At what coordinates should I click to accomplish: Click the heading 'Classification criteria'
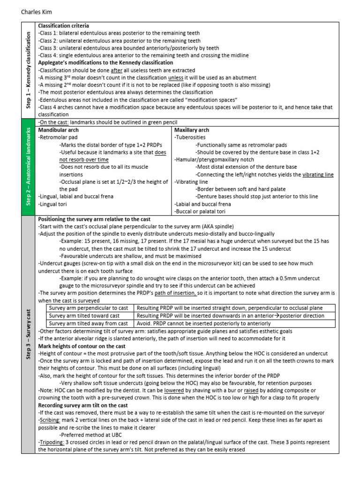coord(63,26)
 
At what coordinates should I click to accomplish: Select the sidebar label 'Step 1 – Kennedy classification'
coord(29,70)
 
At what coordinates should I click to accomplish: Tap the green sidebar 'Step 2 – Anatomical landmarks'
coord(29,166)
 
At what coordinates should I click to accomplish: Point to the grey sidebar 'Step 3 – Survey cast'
coord(29,334)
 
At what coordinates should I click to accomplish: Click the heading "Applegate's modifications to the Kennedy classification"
coord(105,62)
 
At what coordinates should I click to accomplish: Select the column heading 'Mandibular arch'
coord(58,130)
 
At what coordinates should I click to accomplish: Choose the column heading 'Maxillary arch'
coord(192,130)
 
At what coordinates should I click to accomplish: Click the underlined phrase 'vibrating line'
coord(318,174)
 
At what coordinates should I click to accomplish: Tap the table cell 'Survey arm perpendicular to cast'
coord(89,308)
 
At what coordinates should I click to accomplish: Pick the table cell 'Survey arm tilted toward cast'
coord(84,316)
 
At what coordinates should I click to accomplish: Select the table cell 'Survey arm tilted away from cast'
coord(88,323)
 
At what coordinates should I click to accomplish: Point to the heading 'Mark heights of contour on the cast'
coord(82,346)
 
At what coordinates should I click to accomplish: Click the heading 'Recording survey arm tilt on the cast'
coord(83,405)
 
